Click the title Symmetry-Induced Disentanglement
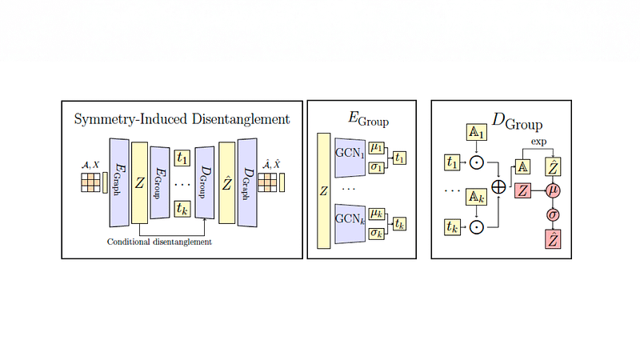(182, 120)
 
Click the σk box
(377, 234)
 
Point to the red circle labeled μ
(552, 190)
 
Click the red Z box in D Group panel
(522, 190)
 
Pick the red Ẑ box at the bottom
(552, 238)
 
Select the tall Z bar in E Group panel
(324, 191)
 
